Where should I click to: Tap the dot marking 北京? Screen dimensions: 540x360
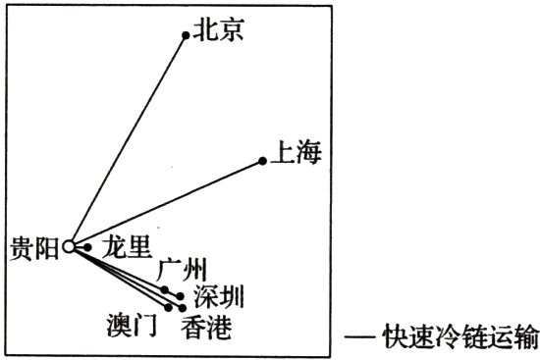click(186, 35)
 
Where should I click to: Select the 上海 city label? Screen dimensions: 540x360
click(295, 154)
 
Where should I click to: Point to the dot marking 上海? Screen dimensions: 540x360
click(262, 161)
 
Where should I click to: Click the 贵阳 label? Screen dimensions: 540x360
click(33, 247)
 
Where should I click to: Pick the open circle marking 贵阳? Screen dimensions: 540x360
click(69, 248)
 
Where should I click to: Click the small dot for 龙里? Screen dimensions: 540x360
click(88, 247)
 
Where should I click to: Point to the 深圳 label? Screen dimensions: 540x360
click(217, 295)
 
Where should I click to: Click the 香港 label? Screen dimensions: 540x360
click(207, 327)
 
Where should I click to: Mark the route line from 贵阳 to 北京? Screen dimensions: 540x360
click(128, 140)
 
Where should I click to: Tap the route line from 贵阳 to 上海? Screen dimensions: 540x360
click(167, 203)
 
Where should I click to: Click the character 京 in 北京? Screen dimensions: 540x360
click(233, 31)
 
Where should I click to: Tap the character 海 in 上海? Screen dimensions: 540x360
click(308, 154)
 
